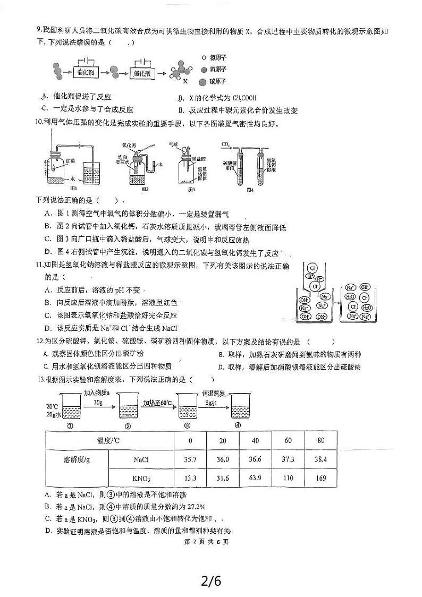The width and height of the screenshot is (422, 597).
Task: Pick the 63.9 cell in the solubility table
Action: point(256,478)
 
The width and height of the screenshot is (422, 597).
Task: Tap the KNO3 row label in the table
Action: point(141,478)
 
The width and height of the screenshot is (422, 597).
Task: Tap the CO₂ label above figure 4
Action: point(225,143)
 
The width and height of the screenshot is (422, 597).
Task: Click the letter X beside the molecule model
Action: point(185,81)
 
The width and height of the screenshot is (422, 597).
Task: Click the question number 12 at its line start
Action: point(39,342)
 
